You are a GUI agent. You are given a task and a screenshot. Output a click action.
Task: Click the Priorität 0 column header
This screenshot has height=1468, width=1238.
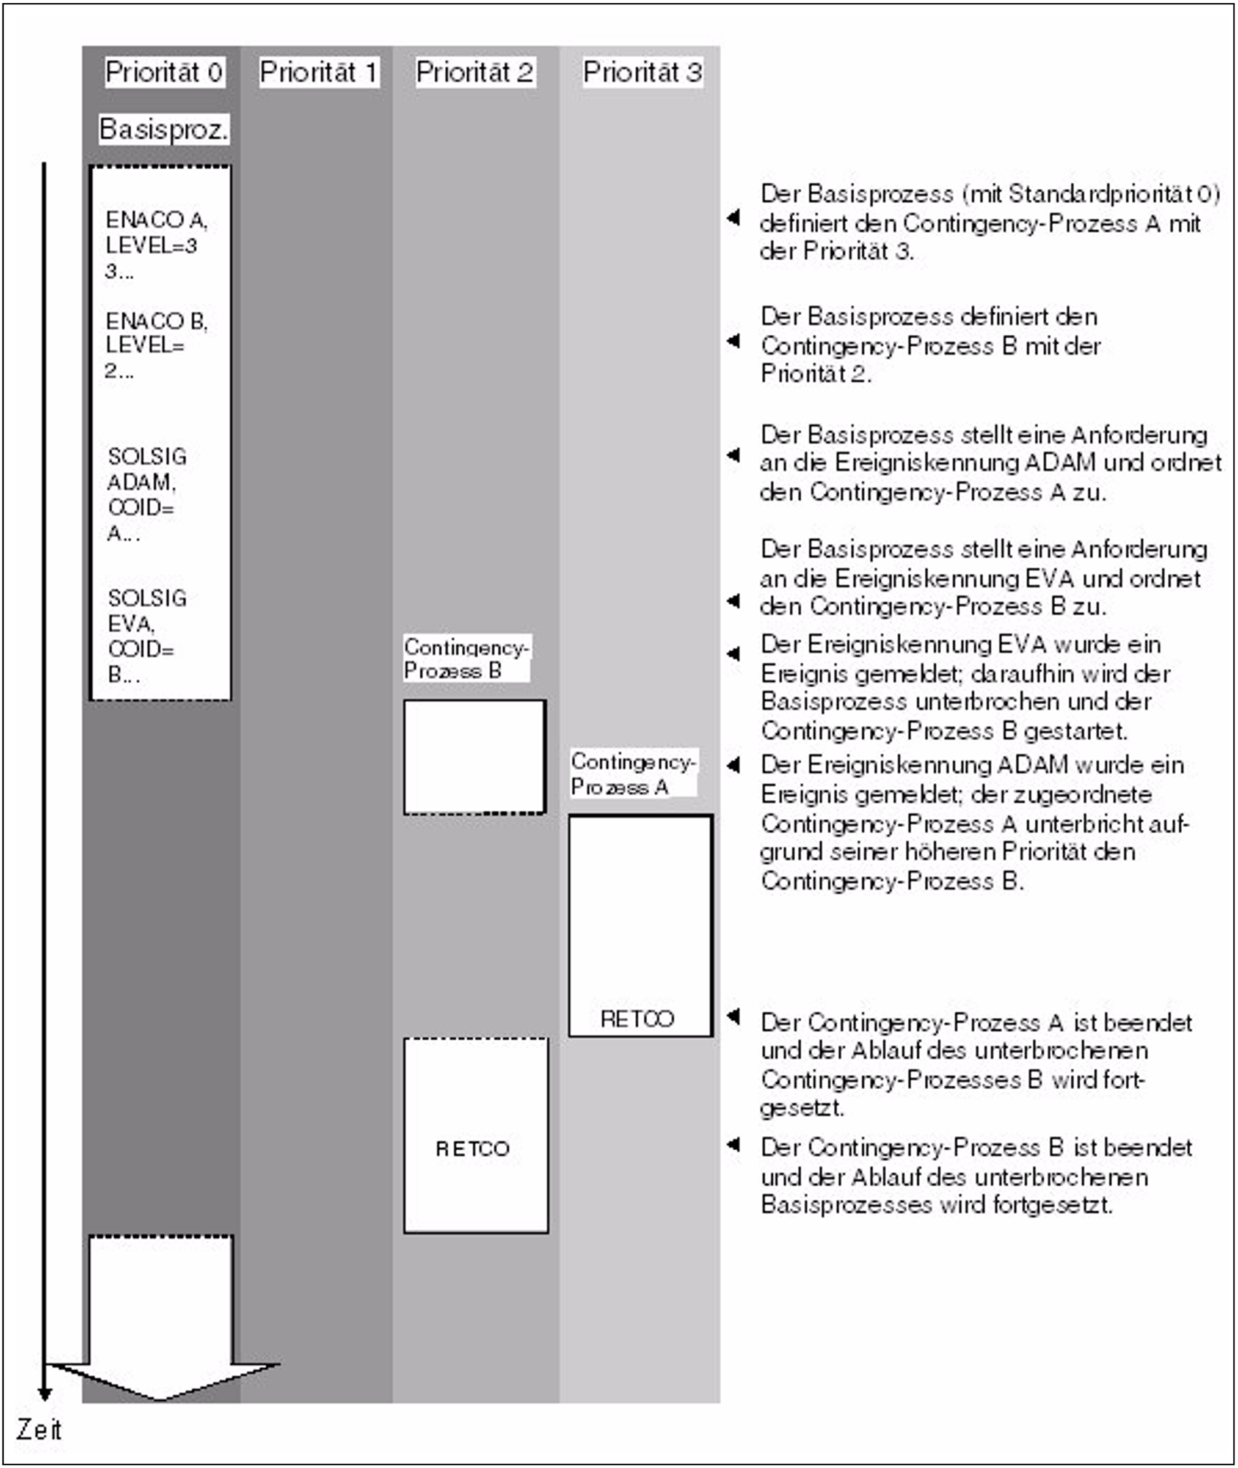(164, 72)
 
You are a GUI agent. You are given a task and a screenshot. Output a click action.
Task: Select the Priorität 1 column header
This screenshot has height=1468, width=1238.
(319, 72)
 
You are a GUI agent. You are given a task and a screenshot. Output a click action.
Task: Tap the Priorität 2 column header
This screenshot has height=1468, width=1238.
(475, 72)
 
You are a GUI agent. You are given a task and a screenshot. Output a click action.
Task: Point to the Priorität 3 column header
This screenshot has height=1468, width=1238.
(642, 72)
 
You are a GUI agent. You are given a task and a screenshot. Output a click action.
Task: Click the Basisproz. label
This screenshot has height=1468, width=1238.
(164, 129)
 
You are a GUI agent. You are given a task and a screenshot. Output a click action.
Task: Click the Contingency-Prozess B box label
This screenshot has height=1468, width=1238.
(465, 659)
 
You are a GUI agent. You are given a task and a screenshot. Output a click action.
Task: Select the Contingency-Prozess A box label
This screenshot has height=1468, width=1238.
(632, 773)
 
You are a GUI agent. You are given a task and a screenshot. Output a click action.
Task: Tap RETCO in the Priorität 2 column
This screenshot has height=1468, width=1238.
(472, 1149)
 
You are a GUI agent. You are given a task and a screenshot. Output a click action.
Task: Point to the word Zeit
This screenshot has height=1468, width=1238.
(39, 1430)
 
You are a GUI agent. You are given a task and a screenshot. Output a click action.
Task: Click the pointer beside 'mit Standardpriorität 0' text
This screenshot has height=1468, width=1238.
(734, 217)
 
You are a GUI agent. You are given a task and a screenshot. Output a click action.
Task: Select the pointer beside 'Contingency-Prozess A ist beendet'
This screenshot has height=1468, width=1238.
(734, 1016)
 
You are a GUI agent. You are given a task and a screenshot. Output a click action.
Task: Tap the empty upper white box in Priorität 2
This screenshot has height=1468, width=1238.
(475, 757)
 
